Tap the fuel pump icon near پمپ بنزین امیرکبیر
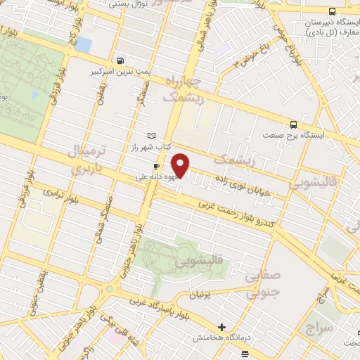coord(122,60)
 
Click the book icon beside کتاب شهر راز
coord(150,135)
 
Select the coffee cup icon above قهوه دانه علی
coord(157,167)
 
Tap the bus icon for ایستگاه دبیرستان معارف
coord(332,12)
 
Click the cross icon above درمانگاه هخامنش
coord(222,327)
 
